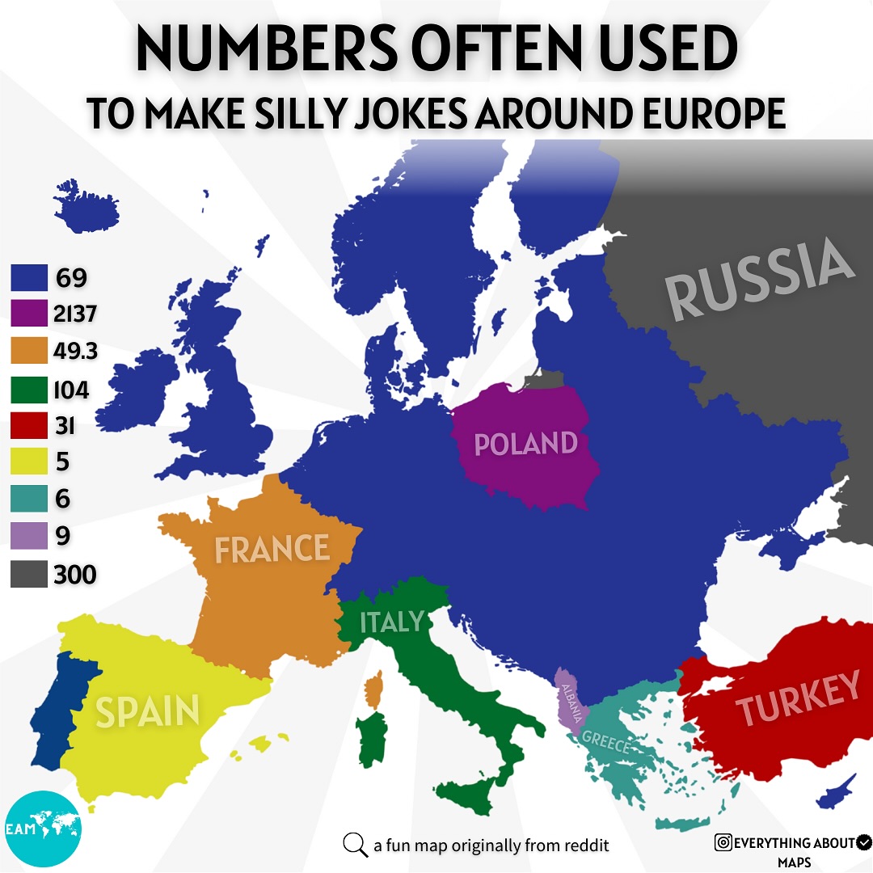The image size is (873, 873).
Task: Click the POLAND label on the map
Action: point(525,444)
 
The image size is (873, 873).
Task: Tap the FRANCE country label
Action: point(272,549)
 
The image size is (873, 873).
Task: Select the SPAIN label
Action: point(147,711)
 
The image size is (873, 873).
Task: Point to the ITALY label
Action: point(392,622)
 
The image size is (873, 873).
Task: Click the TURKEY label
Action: point(798,698)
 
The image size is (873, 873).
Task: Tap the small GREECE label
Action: point(605,742)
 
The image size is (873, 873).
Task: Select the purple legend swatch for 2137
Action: point(27,314)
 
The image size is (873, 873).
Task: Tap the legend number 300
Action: point(75,576)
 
